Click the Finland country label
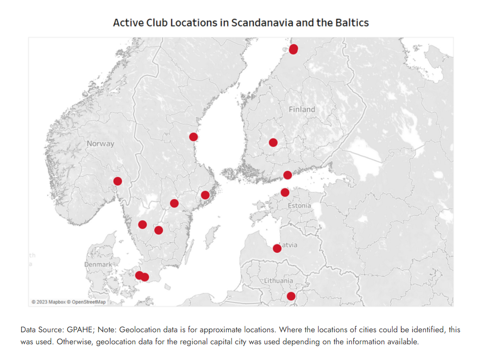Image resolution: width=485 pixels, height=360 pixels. tap(302, 110)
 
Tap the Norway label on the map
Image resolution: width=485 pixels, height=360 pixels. tap(100, 144)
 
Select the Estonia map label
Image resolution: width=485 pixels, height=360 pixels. tap(299, 205)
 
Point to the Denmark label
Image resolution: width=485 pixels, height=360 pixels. tap(98, 264)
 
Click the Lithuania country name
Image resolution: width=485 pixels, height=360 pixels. tap(278, 281)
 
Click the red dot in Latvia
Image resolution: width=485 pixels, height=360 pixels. tap(277, 249)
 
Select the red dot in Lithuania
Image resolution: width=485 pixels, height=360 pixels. tap(291, 296)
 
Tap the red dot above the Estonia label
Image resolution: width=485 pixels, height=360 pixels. tap(285, 192)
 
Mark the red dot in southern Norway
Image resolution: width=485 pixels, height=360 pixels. tap(117, 181)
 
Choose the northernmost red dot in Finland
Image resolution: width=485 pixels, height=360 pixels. tap(293, 49)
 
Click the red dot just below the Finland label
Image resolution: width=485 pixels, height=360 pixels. tap(273, 142)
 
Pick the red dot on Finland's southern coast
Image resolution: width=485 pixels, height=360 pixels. tap(288, 175)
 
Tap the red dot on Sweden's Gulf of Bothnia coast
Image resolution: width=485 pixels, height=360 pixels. tap(193, 136)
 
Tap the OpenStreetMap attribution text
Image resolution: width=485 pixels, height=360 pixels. tap(89, 302)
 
